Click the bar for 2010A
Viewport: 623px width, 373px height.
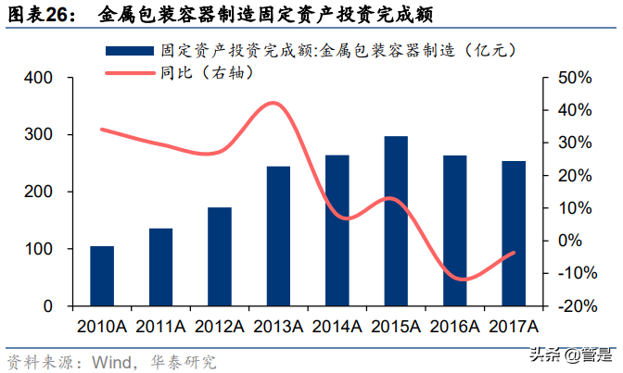click(102, 276)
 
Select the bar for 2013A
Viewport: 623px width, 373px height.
click(278, 236)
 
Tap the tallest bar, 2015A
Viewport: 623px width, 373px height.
click(396, 221)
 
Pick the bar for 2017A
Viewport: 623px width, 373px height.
click(514, 233)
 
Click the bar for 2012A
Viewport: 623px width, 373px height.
click(220, 256)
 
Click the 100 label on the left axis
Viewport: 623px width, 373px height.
click(40, 249)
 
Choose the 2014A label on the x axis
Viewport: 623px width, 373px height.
click(337, 326)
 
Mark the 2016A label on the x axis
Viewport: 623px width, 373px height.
click(454, 326)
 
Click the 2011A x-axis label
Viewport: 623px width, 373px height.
click(160, 326)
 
